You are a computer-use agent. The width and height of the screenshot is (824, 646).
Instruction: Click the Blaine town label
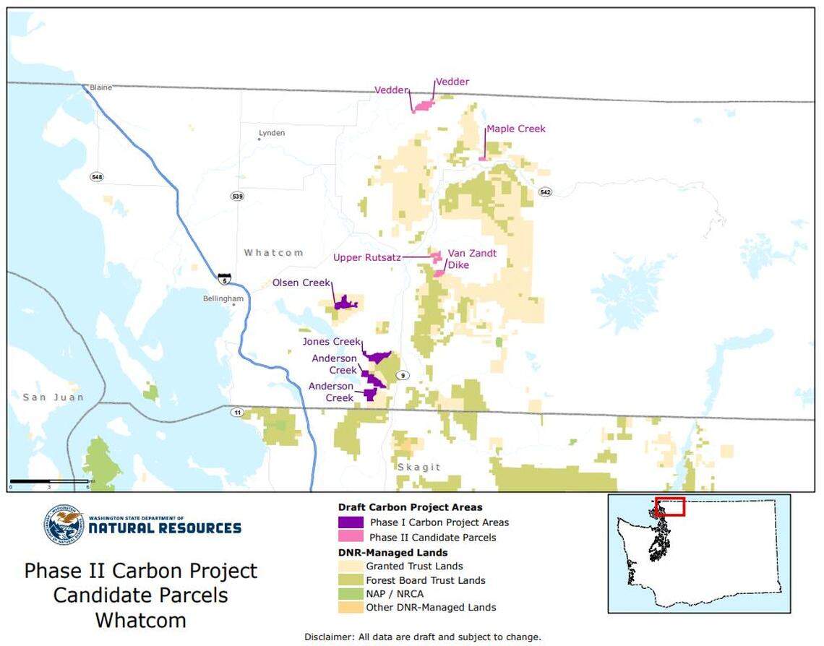pos(100,87)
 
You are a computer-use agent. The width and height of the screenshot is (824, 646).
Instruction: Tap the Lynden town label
pos(272,133)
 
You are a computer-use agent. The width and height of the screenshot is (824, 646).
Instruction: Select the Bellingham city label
pos(223,298)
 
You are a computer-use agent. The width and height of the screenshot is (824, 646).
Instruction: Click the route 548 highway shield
pos(97,177)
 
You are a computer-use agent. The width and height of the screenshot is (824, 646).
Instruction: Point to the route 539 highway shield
pos(238,196)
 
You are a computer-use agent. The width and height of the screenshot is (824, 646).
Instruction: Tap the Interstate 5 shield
pos(225,277)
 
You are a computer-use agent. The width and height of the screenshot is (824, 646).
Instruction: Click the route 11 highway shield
pos(237,413)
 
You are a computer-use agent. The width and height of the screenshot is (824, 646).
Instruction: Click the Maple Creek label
pos(515,129)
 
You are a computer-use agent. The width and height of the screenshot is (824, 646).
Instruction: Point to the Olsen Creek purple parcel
pos(346,303)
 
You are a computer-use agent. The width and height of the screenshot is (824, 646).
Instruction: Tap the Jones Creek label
pos(331,342)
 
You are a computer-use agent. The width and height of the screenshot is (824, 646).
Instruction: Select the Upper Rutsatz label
pos(367,257)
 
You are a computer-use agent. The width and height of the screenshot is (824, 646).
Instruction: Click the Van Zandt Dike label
pos(471,259)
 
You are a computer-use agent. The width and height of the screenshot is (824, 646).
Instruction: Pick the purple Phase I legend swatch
pos(351,522)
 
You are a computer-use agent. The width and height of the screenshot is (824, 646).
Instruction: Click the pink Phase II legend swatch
pos(351,537)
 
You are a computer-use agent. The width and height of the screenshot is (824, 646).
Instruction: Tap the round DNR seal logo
pos(64,525)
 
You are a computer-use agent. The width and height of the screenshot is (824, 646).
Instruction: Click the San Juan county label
pos(53,397)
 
